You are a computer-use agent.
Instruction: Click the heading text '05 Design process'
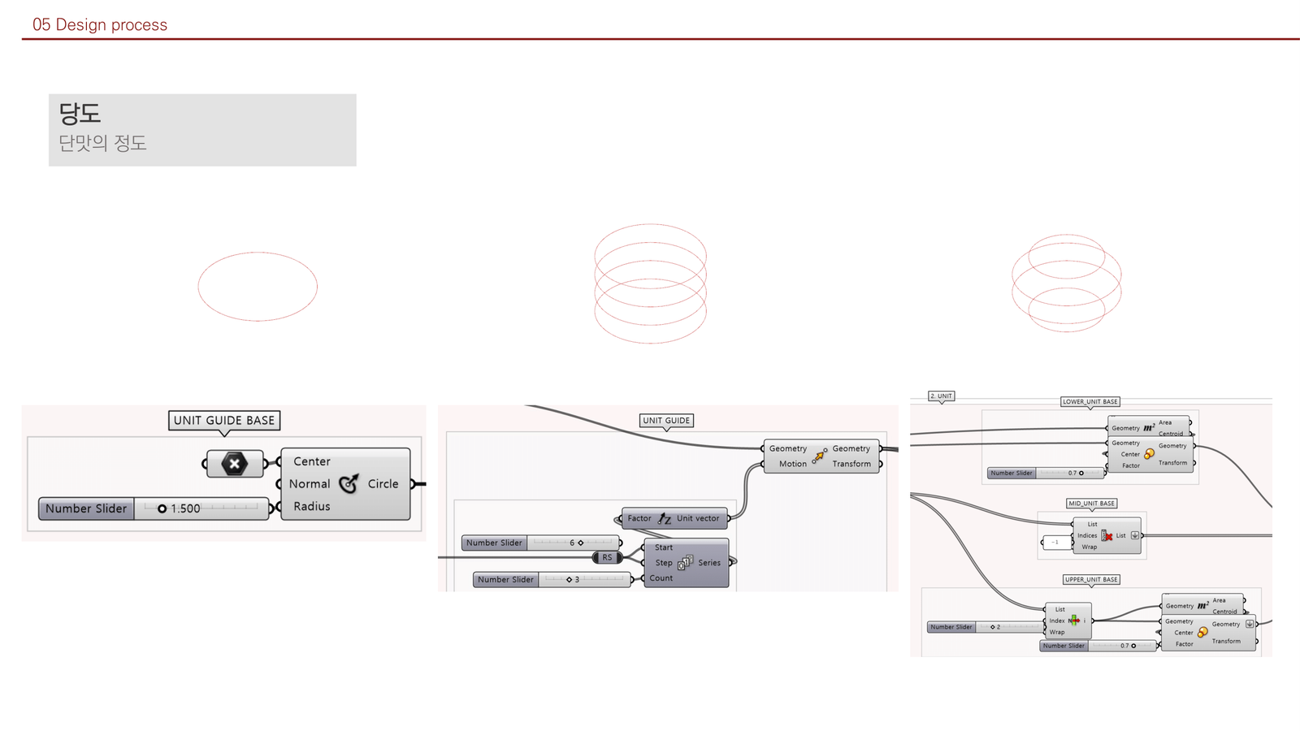(x=100, y=25)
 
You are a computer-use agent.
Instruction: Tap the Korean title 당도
(x=80, y=113)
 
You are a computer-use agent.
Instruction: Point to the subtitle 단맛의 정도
(x=102, y=143)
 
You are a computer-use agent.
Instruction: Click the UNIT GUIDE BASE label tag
(x=224, y=420)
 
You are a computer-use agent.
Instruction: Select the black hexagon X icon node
(x=234, y=464)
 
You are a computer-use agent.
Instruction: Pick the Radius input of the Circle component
(x=312, y=506)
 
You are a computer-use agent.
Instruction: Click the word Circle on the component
(x=383, y=483)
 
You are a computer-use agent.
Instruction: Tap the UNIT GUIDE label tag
(x=666, y=421)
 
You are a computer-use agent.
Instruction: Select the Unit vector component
(x=674, y=518)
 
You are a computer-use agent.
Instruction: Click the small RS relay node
(x=607, y=557)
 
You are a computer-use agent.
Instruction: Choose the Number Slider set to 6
(x=540, y=543)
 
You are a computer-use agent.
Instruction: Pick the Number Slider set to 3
(x=551, y=579)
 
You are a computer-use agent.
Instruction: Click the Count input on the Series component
(x=661, y=578)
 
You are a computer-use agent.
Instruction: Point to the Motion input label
(x=792, y=464)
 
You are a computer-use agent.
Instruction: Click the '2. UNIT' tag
(x=941, y=396)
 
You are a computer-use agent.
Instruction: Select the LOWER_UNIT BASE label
(x=1090, y=401)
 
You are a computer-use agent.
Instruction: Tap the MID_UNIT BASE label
(x=1091, y=504)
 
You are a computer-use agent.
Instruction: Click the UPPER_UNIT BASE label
(x=1091, y=579)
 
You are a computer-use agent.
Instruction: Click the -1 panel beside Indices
(x=1055, y=542)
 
